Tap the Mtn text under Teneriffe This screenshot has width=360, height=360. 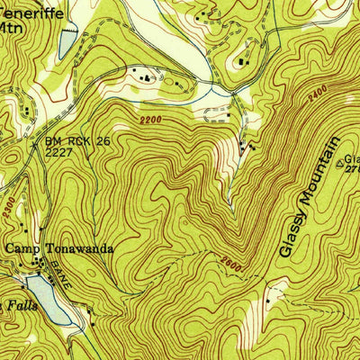[x=10, y=27]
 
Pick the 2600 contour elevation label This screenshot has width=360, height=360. [x=231, y=262]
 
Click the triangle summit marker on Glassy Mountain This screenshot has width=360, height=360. [x=339, y=164]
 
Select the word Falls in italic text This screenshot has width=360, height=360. [x=13, y=307]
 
